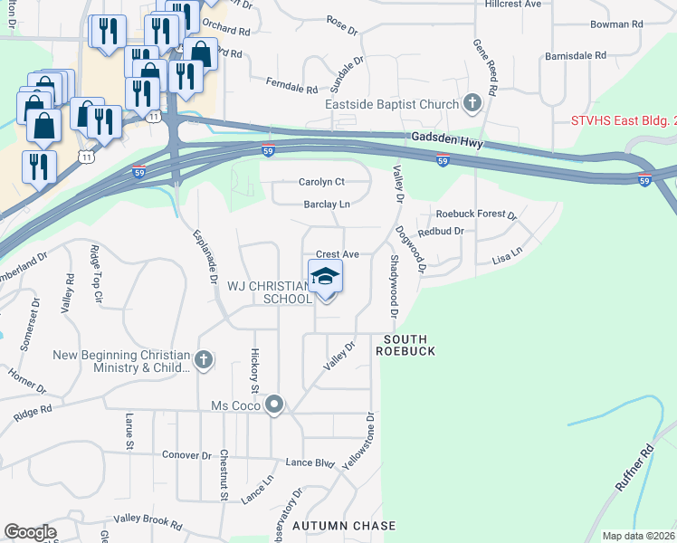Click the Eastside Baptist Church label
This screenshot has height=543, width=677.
[392, 104]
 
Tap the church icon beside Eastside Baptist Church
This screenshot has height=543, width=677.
[472, 104]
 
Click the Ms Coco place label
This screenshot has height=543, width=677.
[234, 405]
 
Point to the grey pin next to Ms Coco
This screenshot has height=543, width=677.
[275, 405]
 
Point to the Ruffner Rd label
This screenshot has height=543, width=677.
[633, 469]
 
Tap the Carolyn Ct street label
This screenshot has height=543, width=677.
[322, 182]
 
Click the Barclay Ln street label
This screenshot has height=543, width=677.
[326, 205]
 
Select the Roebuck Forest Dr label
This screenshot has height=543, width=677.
[475, 215]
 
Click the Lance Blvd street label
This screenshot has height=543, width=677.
[310, 462]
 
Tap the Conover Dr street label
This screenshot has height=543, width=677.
[186, 454]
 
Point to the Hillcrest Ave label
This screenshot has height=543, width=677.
[512, 5]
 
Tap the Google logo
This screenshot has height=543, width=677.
[30, 531]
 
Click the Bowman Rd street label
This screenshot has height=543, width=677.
[615, 24]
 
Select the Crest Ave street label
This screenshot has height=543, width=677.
[337, 255]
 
